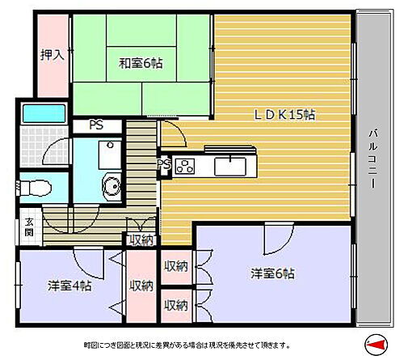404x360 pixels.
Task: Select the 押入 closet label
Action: [53, 55]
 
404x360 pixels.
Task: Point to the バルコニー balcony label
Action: [372, 160]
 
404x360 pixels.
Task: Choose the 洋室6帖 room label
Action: [271, 273]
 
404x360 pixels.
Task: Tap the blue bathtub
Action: [45, 112]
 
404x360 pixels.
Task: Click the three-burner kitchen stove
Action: [183, 167]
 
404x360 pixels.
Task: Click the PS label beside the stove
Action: [163, 166]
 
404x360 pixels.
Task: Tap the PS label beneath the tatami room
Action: [96, 125]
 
